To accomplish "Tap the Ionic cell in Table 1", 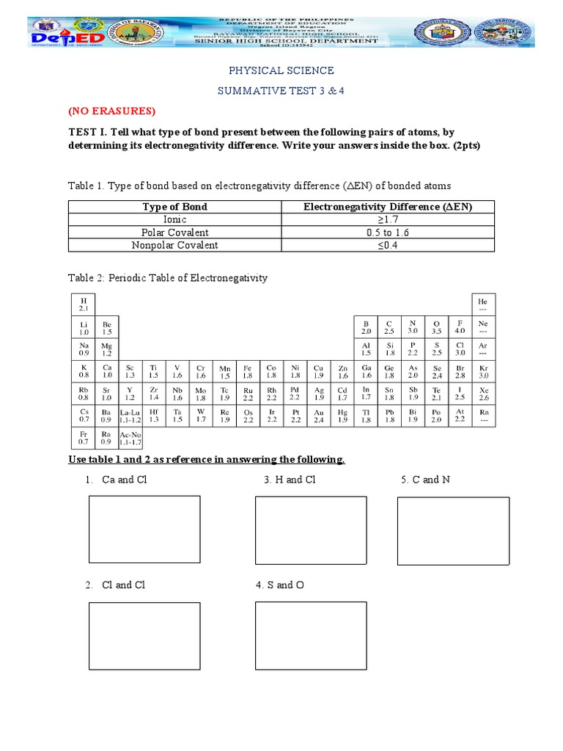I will coord(174,219).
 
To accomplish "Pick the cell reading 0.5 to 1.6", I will coord(388,232).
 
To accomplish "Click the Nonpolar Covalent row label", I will coord(174,245).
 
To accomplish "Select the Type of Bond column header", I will coord(174,207).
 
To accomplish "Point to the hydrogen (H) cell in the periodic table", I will coord(84,304).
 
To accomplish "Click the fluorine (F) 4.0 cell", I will coord(460,327).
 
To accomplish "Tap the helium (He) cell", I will coord(482,304).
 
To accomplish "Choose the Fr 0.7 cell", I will coord(84,438).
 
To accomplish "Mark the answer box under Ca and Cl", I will coord(144,530).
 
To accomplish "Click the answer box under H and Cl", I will coord(311,530).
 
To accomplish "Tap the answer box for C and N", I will coord(453,531).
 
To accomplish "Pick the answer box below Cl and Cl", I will coord(144,636).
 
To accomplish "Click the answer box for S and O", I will coord(311,636).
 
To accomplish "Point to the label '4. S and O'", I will coord(279,585).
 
